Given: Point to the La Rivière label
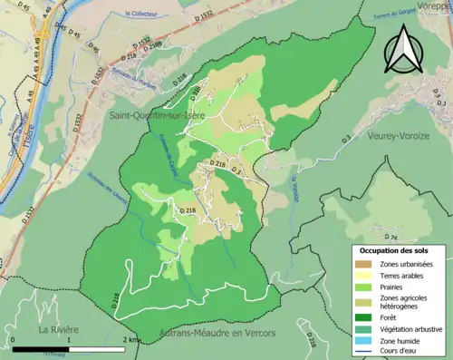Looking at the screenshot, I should click(56, 328).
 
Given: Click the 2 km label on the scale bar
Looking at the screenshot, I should click(131, 339).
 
